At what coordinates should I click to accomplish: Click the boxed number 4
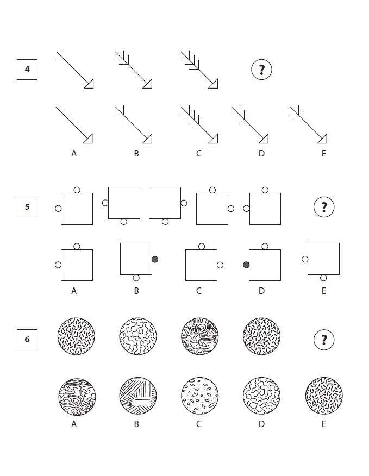(27, 70)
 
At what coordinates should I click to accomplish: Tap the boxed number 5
(27, 207)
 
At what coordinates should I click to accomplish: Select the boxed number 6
(27, 340)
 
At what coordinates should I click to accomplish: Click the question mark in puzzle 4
(261, 70)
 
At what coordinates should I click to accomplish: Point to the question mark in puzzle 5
(324, 208)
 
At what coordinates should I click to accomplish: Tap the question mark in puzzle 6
(324, 340)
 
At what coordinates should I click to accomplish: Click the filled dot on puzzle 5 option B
(155, 259)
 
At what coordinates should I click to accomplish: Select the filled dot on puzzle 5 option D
(246, 265)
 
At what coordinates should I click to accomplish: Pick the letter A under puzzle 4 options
(74, 154)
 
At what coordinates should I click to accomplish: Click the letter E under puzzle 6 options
(324, 424)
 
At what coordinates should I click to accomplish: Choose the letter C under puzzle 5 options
(198, 291)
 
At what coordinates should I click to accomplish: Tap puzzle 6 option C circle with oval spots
(199, 396)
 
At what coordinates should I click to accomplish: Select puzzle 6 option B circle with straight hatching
(138, 396)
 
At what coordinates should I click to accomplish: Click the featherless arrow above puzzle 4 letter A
(74, 125)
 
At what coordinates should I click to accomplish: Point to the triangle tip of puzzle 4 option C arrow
(217, 143)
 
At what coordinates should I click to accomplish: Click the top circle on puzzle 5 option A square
(77, 246)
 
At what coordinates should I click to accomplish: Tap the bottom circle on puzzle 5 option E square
(323, 278)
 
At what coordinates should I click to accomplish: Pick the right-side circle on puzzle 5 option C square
(220, 265)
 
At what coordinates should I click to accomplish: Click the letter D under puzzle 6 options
(261, 424)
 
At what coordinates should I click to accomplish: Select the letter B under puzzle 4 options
(136, 154)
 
